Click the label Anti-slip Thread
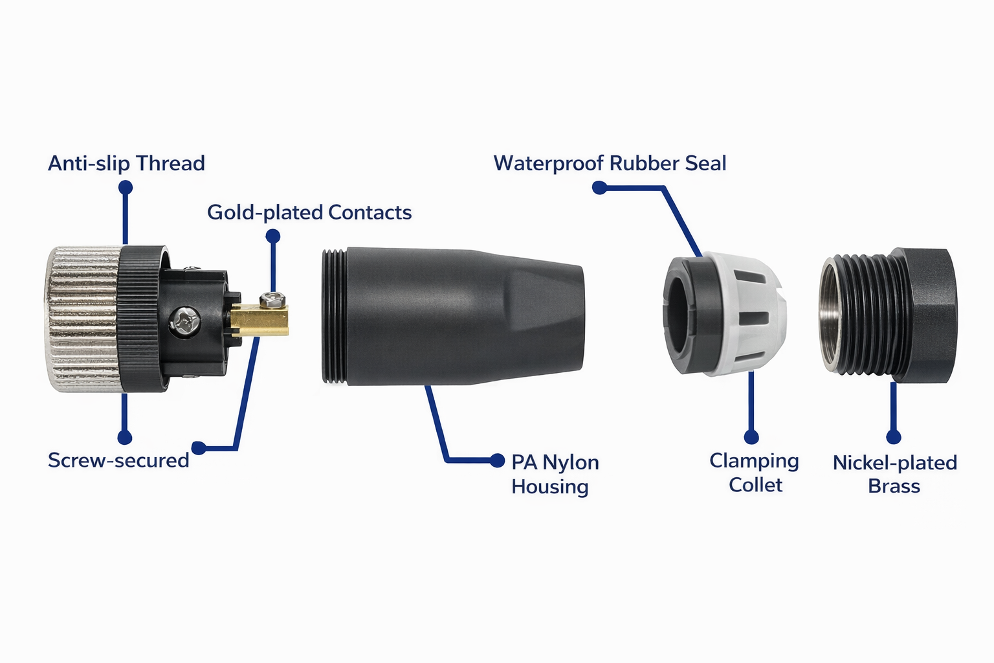tap(126, 163)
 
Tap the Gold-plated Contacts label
tap(309, 212)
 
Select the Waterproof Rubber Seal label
tap(610, 163)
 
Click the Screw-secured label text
tap(118, 460)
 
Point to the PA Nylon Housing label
tap(555, 474)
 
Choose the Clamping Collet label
tap(754, 473)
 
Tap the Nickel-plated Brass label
tap(894, 474)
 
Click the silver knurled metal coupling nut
tap(81, 319)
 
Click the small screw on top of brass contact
tap(272, 299)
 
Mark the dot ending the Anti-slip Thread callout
tap(126, 188)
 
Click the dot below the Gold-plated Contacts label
tap(273, 236)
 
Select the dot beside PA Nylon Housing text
tap(497, 460)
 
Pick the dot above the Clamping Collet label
tap(751, 437)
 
